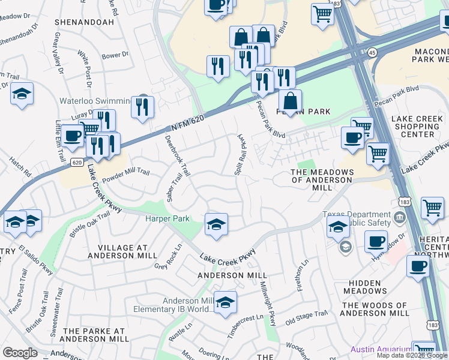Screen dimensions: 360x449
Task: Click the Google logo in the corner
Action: click(20, 353)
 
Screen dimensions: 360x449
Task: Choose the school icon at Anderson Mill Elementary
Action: click(225, 303)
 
